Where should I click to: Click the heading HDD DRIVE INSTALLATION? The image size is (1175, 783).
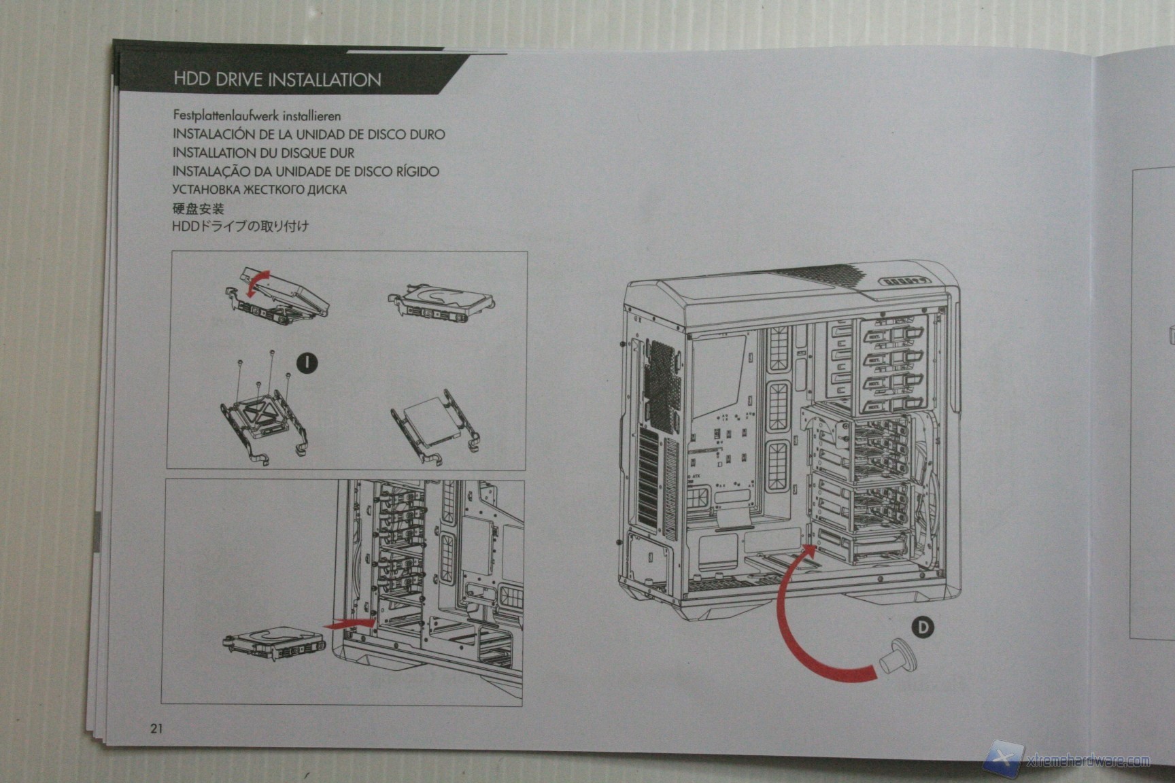click(277, 80)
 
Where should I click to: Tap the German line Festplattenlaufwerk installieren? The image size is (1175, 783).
click(256, 116)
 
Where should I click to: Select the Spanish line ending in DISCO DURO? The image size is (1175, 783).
click(309, 135)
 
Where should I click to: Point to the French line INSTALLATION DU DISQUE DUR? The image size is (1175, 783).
click(263, 153)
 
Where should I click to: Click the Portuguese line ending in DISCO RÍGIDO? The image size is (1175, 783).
click(305, 171)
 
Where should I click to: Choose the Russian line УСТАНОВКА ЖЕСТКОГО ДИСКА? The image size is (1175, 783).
click(259, 190)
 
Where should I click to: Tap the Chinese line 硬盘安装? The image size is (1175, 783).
click(198, 208)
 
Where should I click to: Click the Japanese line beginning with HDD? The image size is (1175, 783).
click(240, 226)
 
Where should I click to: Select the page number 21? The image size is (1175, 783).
click(156, 729)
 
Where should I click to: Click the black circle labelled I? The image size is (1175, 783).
click(307, 362)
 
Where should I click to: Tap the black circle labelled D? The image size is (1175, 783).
click(923, 627)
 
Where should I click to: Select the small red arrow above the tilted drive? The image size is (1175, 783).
click(256, 282)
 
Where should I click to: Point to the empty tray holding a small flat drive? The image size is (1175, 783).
click(436, 426)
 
